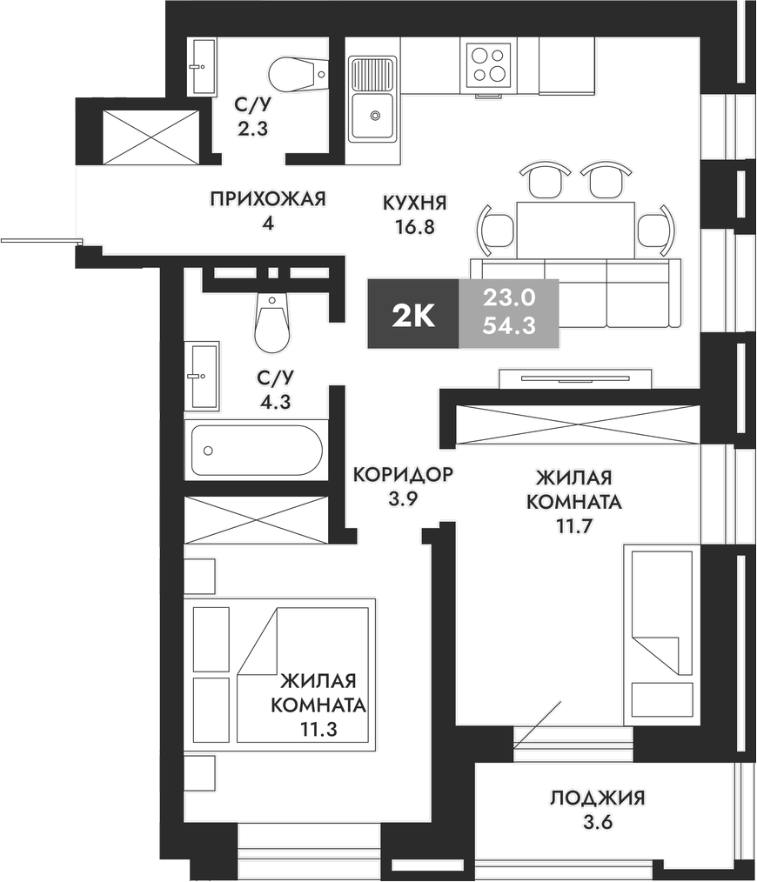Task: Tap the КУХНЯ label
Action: click(x=414, y=204)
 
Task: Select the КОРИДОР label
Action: click(x=403, y=475)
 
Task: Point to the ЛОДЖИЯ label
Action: click(x=597, y=798)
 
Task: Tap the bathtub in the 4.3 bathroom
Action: click(x=257, y=450)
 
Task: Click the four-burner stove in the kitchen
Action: click(x=487, y=63)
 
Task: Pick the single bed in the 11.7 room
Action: click(x=660, y=634)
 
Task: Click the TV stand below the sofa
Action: click(x=574, y=378)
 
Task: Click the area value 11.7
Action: click(x=573, y=525)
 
